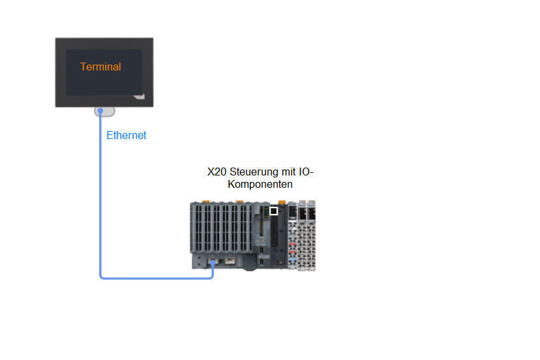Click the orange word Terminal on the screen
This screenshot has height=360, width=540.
100,67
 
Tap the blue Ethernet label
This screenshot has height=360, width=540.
127,136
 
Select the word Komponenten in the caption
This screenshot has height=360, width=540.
260,185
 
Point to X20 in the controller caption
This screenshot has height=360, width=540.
217,172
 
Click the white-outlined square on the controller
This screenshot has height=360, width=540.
274,211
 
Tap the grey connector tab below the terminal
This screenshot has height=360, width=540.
104,112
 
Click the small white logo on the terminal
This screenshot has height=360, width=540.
138,95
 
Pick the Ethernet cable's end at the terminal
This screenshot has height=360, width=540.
100,112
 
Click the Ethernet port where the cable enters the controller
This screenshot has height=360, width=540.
213,262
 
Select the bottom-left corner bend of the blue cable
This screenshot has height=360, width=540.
102,277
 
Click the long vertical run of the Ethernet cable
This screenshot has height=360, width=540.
100,196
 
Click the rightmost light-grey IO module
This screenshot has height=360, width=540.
311,235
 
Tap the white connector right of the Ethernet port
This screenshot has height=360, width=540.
231,262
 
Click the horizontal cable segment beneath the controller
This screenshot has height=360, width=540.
157,278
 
